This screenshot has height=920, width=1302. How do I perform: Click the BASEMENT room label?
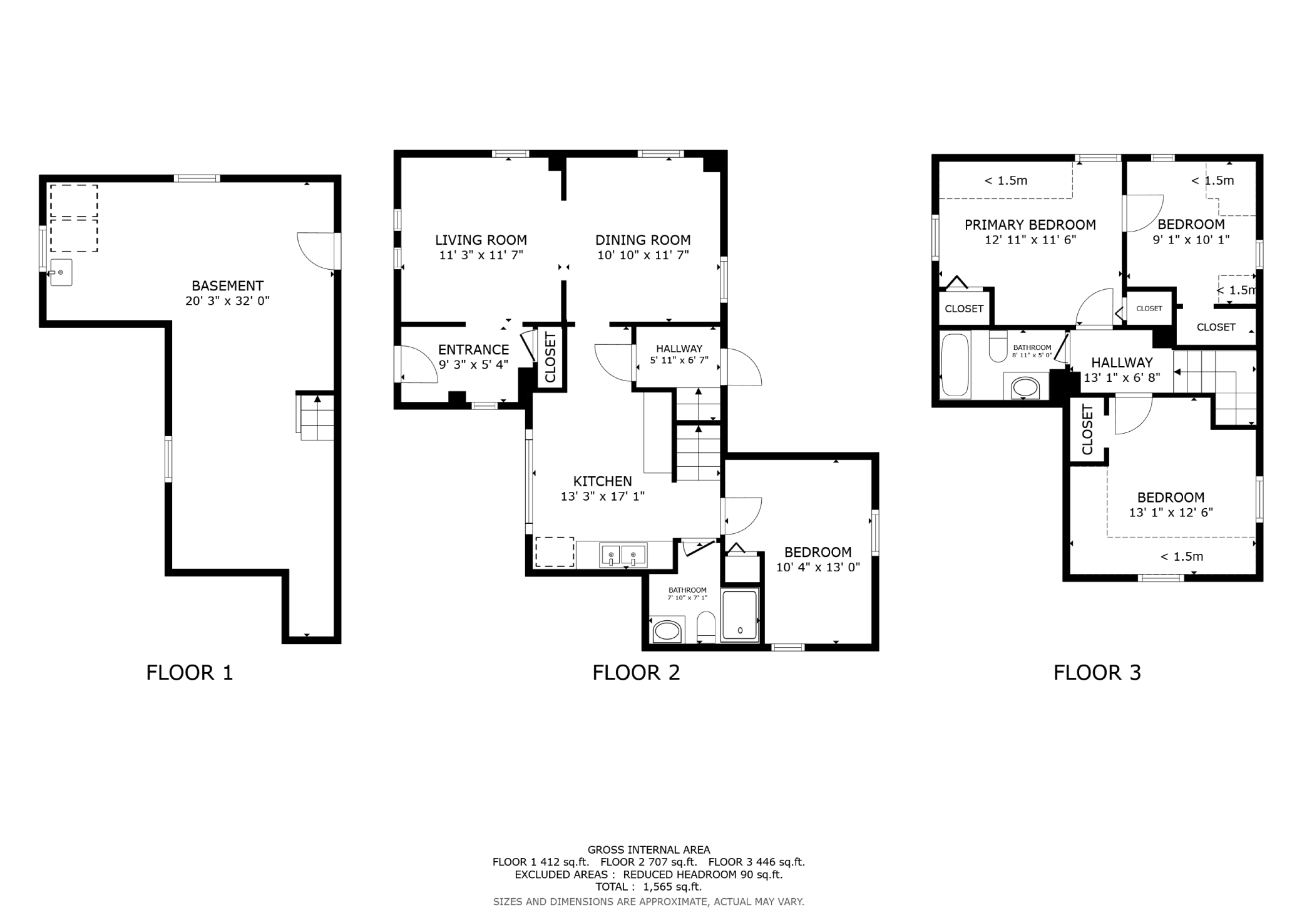click(x=227, y=286)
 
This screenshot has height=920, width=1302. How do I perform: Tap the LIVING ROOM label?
click(x=481, y=240)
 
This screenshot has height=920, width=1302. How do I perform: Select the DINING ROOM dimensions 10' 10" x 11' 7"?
click(x=643, y=255)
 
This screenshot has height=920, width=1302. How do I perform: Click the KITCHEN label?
click(x=603, y=481)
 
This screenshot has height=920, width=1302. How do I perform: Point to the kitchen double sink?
click(x=623, y=555)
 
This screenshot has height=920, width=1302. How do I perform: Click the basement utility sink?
click(x=61, y=273)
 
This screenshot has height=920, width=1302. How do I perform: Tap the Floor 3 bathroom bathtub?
click(x=955, y=365)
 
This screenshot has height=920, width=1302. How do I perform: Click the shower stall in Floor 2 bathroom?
click(x=740, y=615)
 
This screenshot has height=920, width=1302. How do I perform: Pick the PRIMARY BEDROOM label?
click(x=1030, y=225)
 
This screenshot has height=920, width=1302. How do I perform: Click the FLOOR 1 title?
click(x=190, y=673)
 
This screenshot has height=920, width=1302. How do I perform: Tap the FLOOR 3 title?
click(x=1097, y=673)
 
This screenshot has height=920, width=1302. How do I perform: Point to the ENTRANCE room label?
click(x=473, y=350)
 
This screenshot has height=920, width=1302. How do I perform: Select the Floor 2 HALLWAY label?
click(x=679, y=349)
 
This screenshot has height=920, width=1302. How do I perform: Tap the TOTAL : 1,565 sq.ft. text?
click(x=648, y=887)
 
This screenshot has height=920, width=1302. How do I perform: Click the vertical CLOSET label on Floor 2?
click(x=551, y=357)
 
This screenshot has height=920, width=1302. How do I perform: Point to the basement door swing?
click(x=315, y=251)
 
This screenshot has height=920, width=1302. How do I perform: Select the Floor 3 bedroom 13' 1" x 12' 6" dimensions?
click(x=1171, y=513)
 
